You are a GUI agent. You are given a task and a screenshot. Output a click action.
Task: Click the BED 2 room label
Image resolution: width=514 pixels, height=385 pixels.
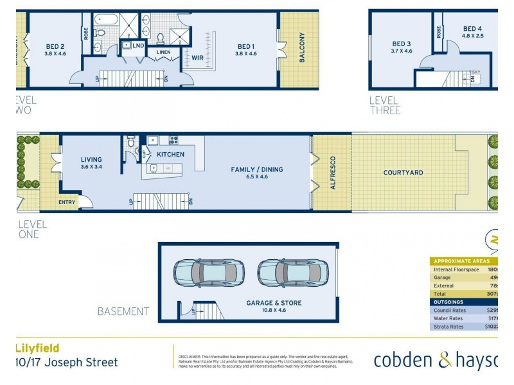[55, 46]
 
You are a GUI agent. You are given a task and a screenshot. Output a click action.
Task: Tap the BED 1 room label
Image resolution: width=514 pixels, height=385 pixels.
[247, 46]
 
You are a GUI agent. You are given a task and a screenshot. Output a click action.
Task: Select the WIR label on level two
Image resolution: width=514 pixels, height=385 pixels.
[198, 58]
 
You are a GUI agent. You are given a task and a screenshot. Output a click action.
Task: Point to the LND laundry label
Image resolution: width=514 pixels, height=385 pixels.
[138, 46]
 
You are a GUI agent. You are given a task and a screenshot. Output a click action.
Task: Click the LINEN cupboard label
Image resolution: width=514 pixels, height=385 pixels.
[163, 52]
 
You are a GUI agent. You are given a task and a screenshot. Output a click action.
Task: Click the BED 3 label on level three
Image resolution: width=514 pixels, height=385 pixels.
[402, 44]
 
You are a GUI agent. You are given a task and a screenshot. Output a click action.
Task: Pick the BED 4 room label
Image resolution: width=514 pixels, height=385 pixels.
[472, 29]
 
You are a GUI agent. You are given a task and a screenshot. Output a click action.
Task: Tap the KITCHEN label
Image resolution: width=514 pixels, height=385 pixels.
[171, 155]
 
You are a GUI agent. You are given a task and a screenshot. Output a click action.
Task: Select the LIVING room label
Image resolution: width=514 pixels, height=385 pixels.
[91, 160]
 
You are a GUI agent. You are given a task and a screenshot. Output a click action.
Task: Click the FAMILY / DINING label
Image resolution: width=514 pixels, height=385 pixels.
[257, 170]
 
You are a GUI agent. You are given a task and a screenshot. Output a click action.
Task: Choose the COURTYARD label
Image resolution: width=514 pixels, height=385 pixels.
[403, 173]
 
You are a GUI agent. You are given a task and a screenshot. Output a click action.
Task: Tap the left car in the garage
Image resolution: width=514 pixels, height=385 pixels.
[208, 273]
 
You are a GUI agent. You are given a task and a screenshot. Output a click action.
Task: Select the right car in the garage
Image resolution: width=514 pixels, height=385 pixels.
[293, 273]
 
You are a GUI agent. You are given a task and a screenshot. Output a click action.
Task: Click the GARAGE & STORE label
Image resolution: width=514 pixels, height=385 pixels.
[274, 303]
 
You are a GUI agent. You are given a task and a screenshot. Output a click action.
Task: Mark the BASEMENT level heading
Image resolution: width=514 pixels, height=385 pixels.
[123, 311]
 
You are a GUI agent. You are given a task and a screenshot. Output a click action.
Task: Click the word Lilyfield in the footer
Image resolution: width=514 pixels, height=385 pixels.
[37, 348]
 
